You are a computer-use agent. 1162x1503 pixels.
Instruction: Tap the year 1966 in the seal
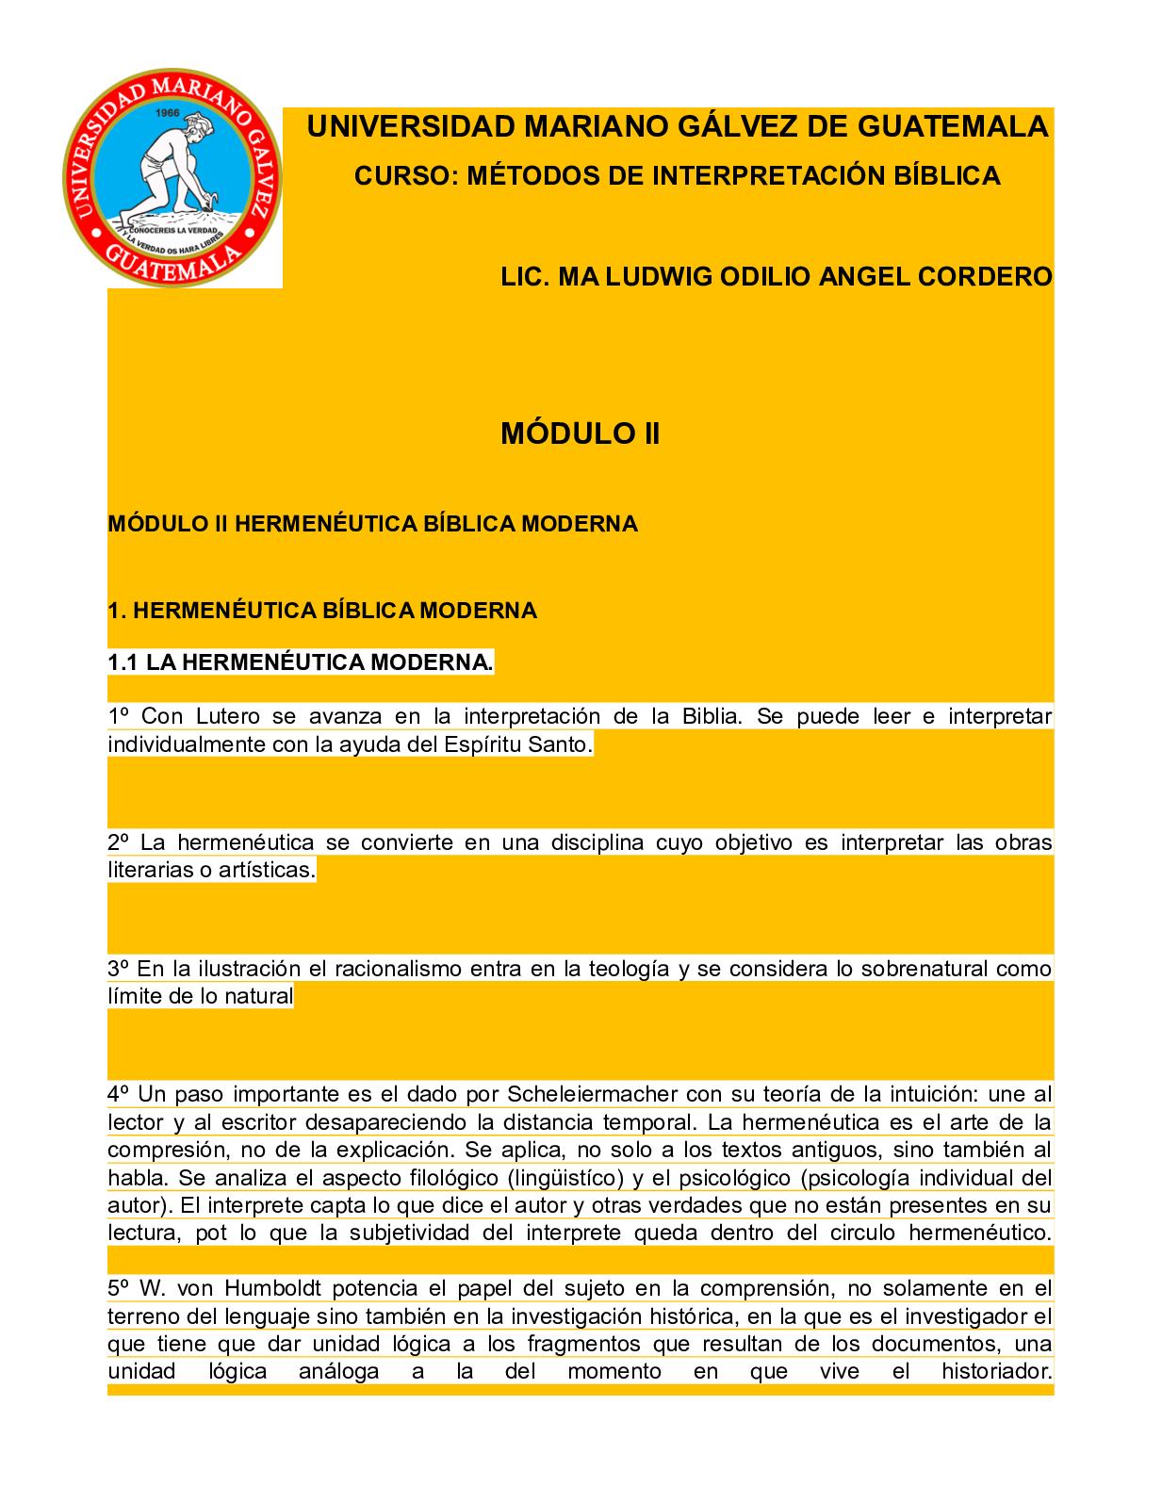[x=169, y=112]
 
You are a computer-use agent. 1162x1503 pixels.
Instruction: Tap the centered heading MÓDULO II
[x=580, y=434]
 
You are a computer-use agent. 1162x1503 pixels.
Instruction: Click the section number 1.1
[x=123, y=662]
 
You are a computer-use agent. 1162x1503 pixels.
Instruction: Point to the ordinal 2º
[x=118, y=842]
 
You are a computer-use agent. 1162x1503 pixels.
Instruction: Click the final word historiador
[x=995, y=1371]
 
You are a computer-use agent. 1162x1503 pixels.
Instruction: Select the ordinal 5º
[x=118, y=1288]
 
